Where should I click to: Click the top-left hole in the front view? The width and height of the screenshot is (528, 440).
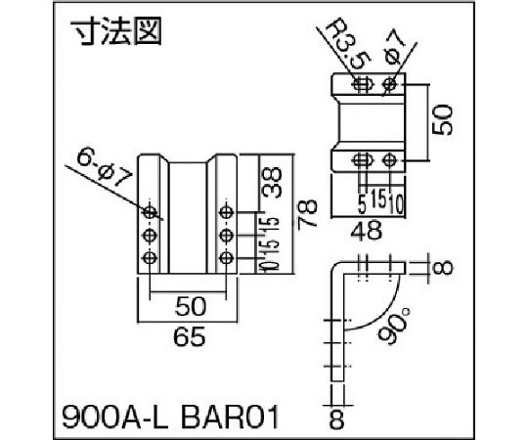[x=150, y=211]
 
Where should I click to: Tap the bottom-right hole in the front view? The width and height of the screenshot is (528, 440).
[x=227, y=257]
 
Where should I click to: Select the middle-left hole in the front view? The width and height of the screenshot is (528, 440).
[x=150, y=235]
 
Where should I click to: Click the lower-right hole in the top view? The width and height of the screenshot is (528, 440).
[x=390, y=158]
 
